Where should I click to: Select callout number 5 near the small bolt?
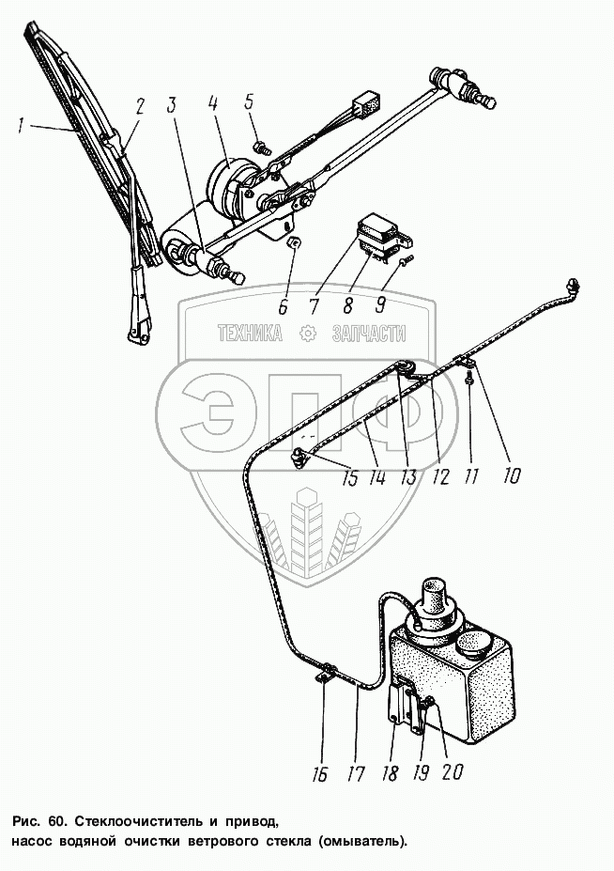tap(251, 101)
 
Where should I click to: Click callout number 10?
tap(510, 475)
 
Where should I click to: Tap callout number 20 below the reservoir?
tap(452, 773)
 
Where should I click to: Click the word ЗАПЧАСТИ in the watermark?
tap(368, 333)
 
